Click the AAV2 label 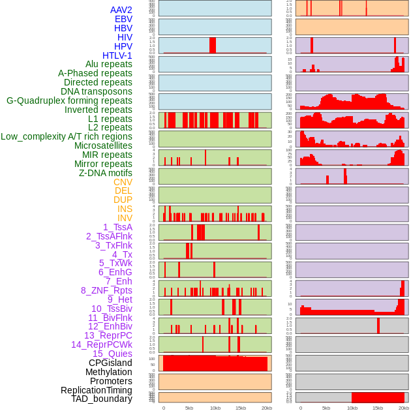point(121,10)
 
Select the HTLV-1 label point(117,55)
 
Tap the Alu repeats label point(108,64)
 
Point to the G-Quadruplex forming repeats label point(69,100)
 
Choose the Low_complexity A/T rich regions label point(67,136)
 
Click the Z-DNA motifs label point(105,173)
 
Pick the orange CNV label point(123,182)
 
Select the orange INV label point(125,218)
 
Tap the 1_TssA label point(117,227)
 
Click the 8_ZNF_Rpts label point(106,290)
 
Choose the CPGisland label point(110,363)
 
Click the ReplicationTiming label point(97,390)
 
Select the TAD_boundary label point(102,399)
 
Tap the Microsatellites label point(103,145)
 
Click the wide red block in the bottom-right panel point(378,397)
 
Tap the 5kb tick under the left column point(189,408)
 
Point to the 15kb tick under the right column point(378,408)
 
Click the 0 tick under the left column point(164,408)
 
